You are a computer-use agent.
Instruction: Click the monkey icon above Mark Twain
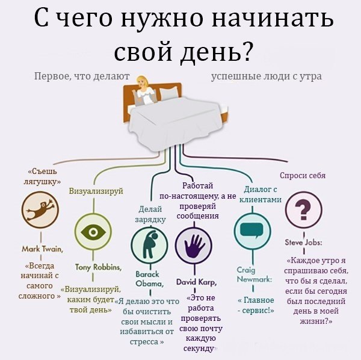click(x=40, y=211)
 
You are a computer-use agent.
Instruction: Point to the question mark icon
click(x=303, y=210)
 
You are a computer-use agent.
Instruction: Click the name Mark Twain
click(x=42, y=248)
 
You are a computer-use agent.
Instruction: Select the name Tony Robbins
click(x=98, y=267)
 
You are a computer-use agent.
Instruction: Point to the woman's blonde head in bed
click(x=144, y=82)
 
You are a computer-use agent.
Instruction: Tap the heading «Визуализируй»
click(x=96, y=191)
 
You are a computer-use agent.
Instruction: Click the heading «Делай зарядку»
click(x=150, y=214)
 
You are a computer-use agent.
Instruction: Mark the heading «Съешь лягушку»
click(x=42, y=175)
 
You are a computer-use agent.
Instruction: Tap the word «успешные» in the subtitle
click(x=236, y=77)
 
